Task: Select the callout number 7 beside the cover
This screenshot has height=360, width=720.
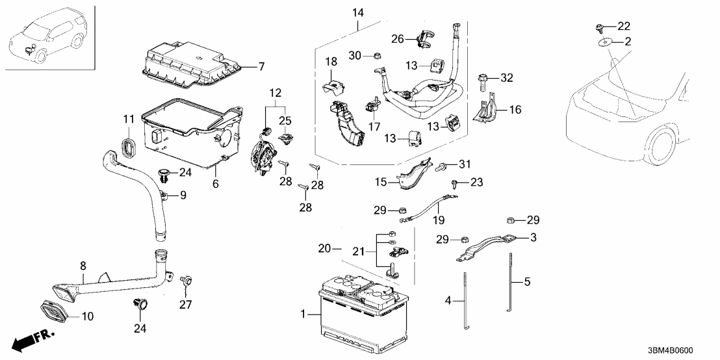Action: point(261,66)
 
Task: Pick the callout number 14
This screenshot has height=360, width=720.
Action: point(359,12)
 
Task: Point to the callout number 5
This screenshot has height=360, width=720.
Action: point(528,282)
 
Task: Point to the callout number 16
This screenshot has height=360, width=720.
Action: point(515,110)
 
